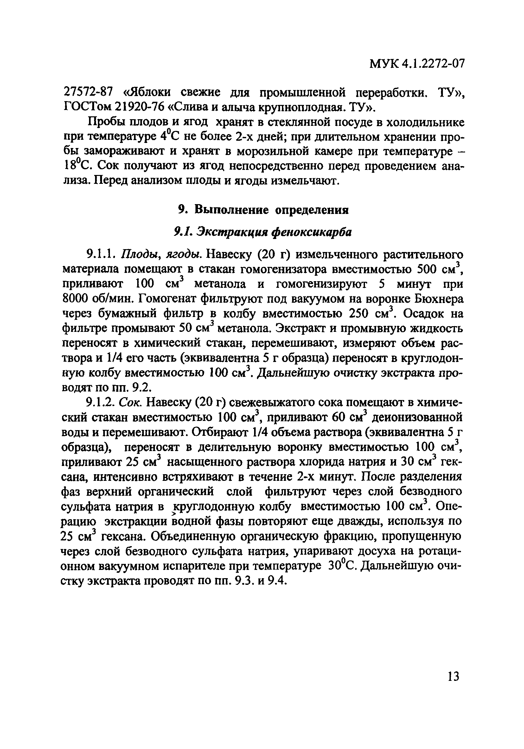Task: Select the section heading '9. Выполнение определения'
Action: pos(264,210)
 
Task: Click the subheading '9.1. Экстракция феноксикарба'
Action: pos(263,232)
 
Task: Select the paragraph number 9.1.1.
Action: pos(100,254)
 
